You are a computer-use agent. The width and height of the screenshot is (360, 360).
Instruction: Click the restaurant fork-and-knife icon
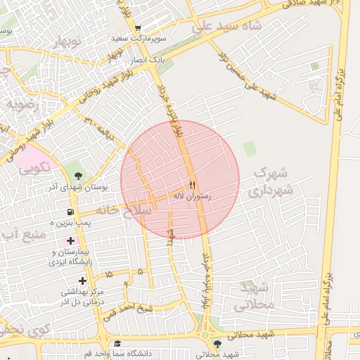pyautogui.click(x=192, y=185)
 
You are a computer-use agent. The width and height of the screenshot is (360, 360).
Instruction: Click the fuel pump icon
pyautogui.click(x=70, y=212)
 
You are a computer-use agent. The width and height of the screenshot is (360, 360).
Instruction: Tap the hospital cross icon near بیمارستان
pyautogui.click(x=70, y=241)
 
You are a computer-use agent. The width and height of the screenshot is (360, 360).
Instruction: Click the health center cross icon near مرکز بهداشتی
pyautogui.click(x=82, y=281)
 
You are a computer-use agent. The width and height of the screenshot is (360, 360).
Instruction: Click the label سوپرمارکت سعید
pyautogui.click(x=137, y=38)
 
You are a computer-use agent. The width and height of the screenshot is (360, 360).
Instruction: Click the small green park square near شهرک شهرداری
pyautogui.click(x=249, y=148)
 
